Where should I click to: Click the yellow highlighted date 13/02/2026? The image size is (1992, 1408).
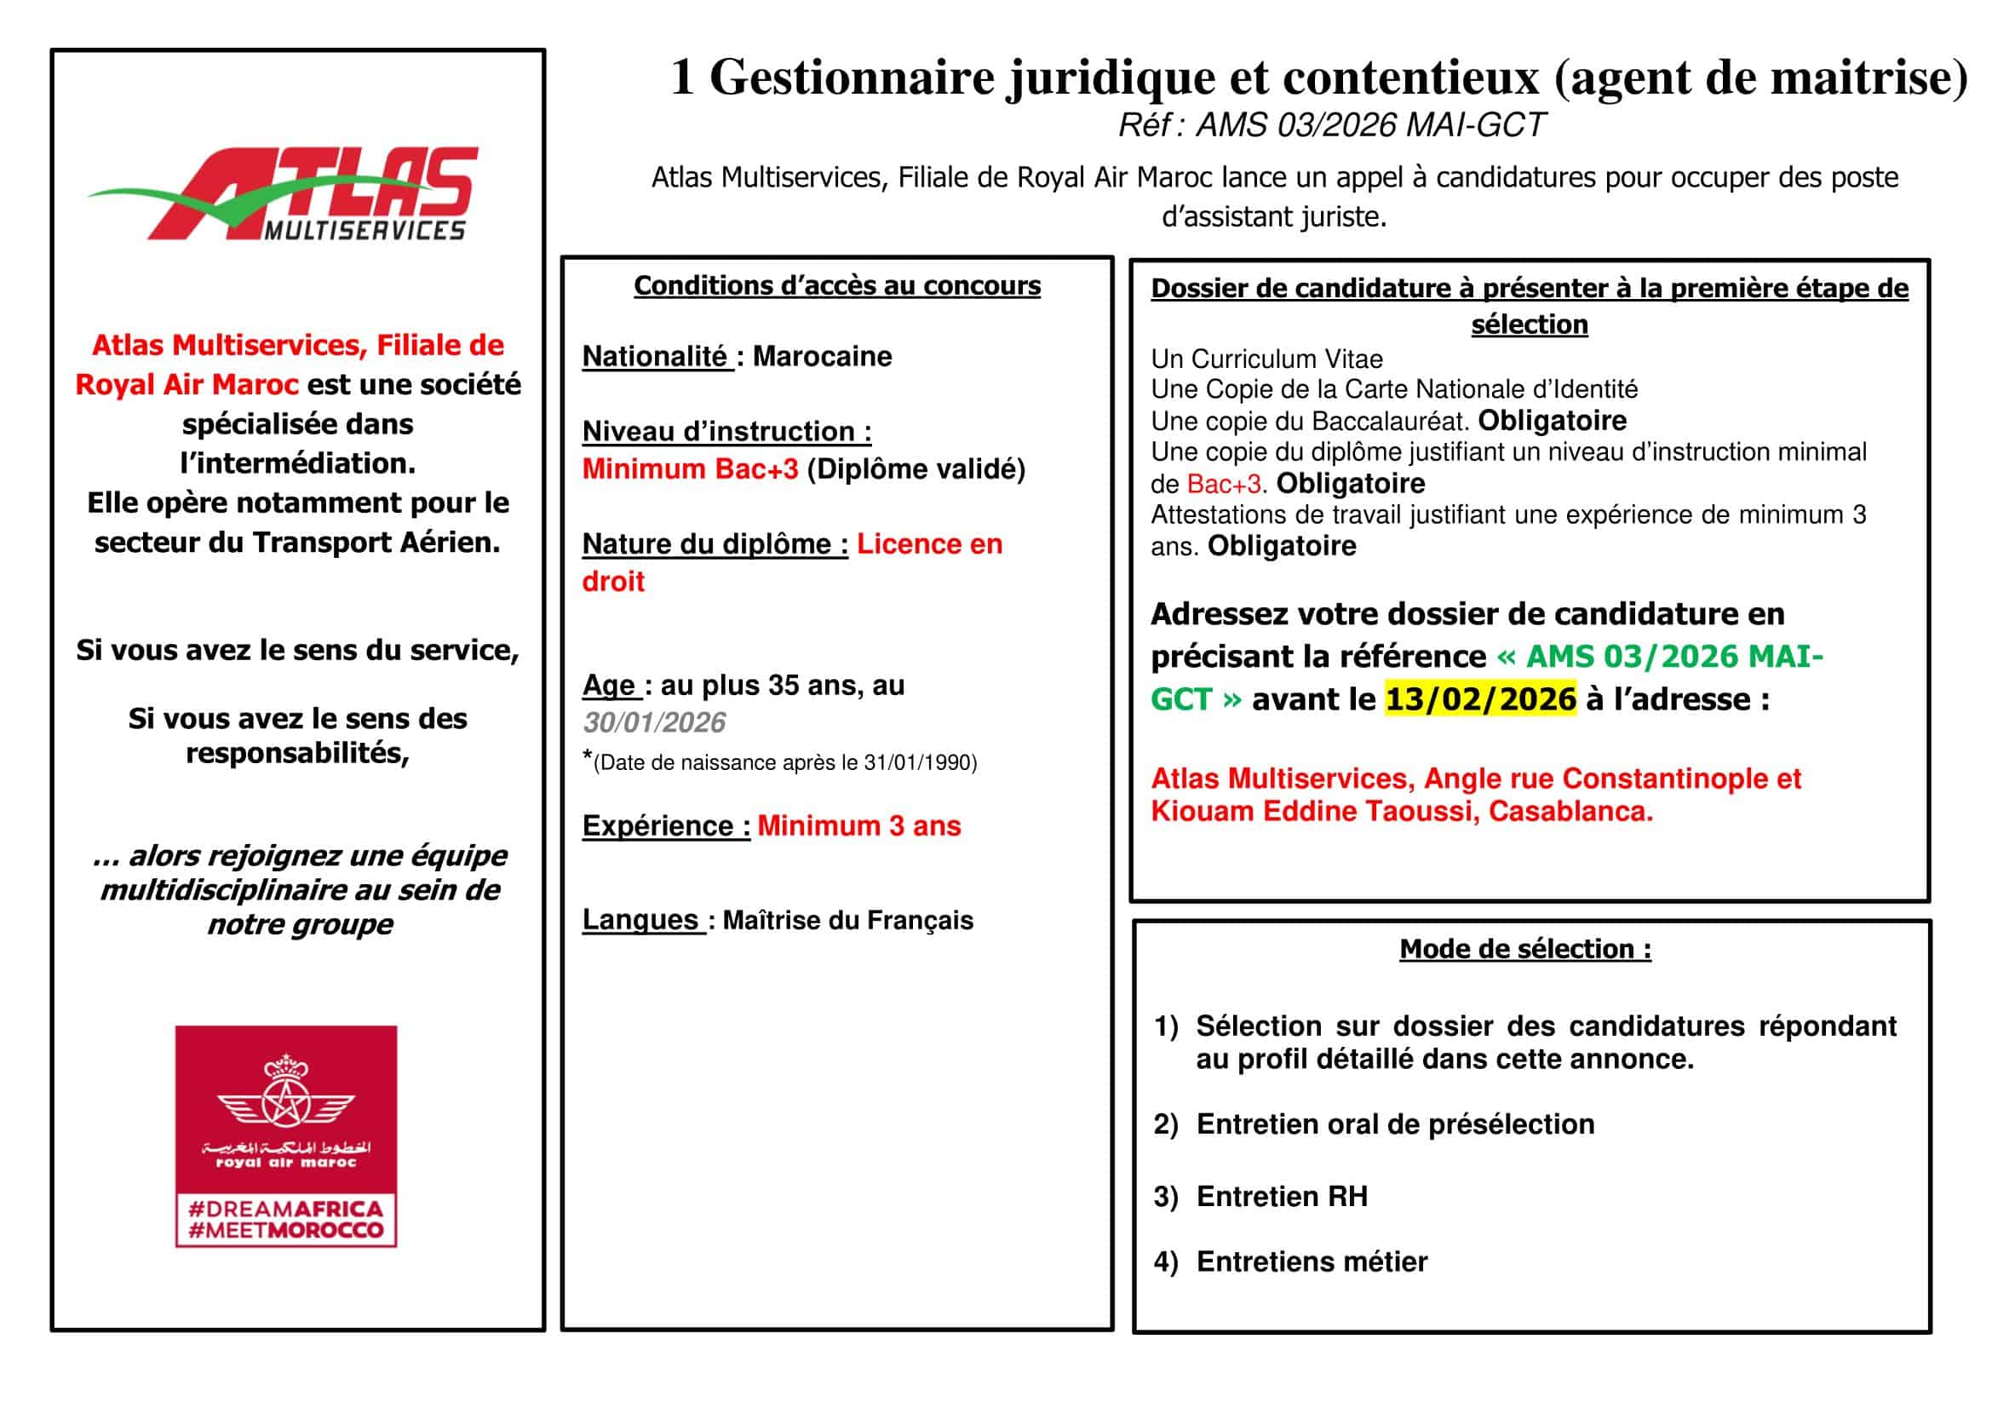point(1480,699)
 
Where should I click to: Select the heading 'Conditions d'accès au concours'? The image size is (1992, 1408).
point(836,285)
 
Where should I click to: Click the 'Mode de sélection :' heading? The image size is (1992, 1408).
point(1525,949)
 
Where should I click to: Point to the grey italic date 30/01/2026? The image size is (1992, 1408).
point(654,722)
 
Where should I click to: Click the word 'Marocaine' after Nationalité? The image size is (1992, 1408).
point(822,357)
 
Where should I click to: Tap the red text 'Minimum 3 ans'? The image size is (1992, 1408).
point(859,826)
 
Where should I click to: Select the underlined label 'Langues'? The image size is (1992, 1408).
point(640,920)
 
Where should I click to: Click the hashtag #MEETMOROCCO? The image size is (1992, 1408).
point(285,1230)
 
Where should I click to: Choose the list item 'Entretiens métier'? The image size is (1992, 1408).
point(1311,1262)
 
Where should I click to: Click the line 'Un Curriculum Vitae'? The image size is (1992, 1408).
point(1266,359)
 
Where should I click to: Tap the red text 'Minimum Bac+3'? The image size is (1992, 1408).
point(690,469)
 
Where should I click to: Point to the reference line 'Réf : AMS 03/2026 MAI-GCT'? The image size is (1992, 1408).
point(1331,126)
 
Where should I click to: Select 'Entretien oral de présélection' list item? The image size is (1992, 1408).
point(1394,1124)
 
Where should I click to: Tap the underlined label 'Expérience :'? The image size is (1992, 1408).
point(665,826)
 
